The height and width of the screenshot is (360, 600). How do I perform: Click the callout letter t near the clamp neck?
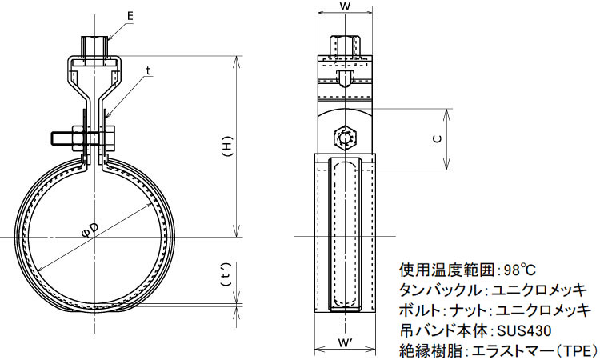coord(148,70)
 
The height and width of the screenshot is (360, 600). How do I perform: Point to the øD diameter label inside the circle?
coord(91,230)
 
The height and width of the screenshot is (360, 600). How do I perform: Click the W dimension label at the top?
coord(345,7)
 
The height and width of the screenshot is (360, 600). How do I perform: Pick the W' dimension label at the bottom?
coord(346,344)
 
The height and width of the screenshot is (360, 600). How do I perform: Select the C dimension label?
coord(438,139)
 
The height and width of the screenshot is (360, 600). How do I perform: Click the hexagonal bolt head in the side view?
coord(346,138)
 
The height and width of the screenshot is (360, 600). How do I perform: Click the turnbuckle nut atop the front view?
coord(94,46)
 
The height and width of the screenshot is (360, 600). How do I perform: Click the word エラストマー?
coord(512,350)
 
